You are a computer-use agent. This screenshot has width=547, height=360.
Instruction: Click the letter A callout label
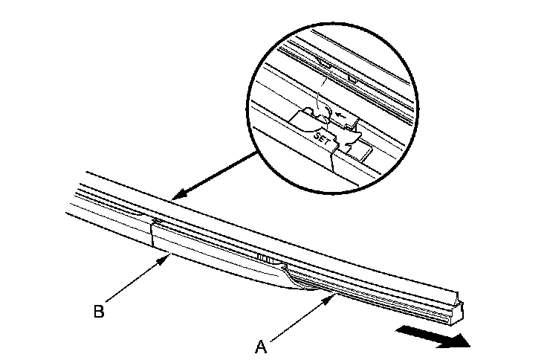pyautogui.click(x=261, y=345)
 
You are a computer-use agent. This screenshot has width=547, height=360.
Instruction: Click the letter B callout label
pyautogui.click(x=98, y=312)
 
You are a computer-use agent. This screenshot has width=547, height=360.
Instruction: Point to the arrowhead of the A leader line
pyautogui.click(x=333, y=296)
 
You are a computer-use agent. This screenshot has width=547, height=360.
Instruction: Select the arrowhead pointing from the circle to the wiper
pyautogui.click(x=175, y=197)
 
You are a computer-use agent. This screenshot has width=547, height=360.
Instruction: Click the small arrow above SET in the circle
pyautogui.click(x=341, y=115)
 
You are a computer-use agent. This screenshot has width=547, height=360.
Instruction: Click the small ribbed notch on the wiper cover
pyautogui.click(x=263, y=257)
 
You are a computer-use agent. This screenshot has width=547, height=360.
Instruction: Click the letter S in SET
pyautogui.click(x=318, y=135)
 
